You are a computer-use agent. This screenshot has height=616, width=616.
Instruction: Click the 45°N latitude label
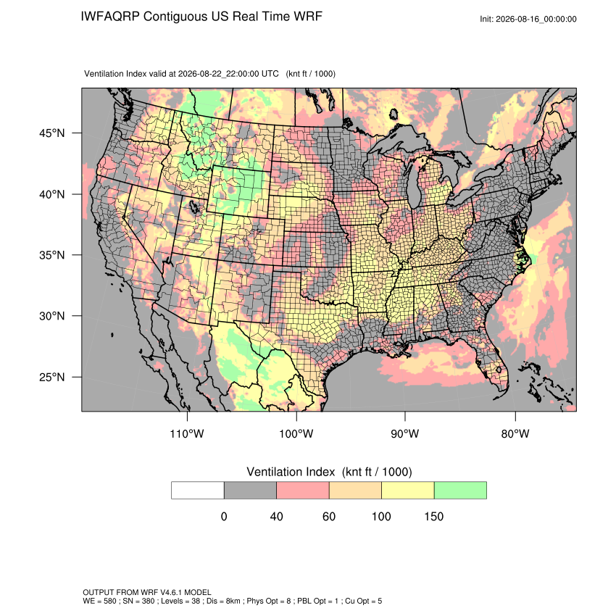coord(52,133)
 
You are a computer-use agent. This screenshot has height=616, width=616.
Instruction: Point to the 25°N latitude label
coord(52,377)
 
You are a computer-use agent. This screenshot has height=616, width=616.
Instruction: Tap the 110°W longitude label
coord(187,433)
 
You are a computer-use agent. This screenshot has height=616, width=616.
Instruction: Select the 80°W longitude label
coord(515,433)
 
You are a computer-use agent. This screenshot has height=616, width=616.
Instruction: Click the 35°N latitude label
coord(52,255)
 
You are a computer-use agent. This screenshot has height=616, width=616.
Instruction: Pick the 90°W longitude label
coord(404,433)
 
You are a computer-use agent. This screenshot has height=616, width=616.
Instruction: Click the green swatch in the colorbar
coord(460,491)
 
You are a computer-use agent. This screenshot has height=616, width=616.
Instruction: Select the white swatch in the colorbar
coord(198,491)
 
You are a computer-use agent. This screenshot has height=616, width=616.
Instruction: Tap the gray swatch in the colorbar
coord(250,491)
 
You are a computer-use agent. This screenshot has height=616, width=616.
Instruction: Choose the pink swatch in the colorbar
coord(303,491)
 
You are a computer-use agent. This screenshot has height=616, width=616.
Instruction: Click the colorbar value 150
coord(433,516)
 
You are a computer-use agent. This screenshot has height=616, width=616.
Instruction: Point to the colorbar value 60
coord(329,516)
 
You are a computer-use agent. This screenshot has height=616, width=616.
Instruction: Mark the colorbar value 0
coord(224,516)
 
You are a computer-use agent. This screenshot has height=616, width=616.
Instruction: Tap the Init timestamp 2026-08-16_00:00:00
coord(536,20)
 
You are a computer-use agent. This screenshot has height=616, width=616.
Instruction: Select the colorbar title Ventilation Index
coord(291,472)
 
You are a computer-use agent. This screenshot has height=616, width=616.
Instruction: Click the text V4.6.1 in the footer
coord(170,592)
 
